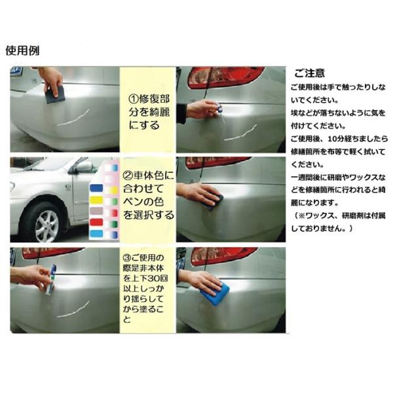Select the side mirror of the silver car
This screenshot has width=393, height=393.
click(83, 167)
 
